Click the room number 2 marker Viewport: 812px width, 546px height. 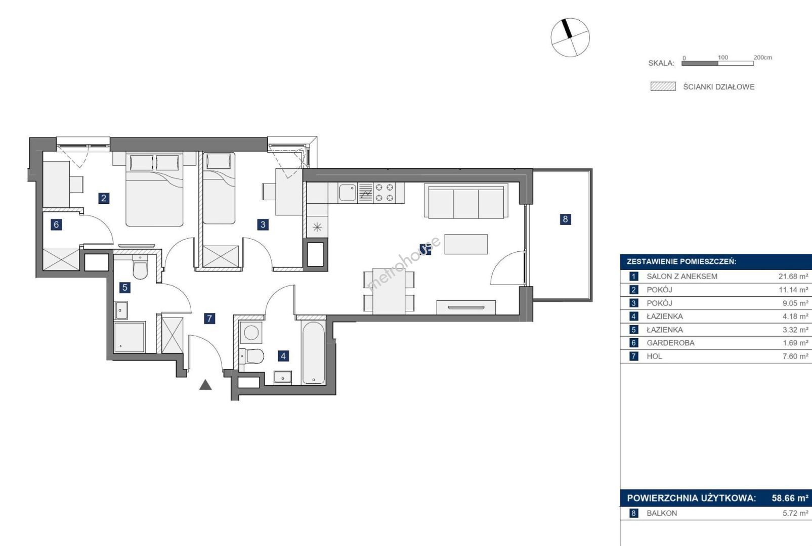point(104,198)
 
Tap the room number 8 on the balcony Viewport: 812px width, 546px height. point(565,219)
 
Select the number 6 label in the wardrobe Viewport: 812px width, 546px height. point(56,224)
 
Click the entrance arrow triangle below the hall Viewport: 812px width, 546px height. point(205,385)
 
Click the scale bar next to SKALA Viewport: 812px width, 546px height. point(717,63)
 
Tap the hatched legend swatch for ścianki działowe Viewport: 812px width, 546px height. point(663,86)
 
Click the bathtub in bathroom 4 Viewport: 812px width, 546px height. point(313,353)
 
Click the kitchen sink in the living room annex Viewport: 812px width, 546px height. point(348,193)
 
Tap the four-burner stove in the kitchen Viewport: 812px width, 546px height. point(384,193)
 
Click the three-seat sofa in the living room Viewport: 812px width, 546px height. point(466,201)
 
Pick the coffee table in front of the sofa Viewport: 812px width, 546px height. point(466,244)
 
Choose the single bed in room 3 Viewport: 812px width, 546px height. point(219,188)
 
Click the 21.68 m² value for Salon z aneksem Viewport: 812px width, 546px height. point(793,277)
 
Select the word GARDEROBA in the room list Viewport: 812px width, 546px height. point(671,343)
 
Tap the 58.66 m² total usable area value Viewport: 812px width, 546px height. point(790,498)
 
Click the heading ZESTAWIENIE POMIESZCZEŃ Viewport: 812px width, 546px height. point(681,261)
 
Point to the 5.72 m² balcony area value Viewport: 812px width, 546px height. point(795,514)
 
